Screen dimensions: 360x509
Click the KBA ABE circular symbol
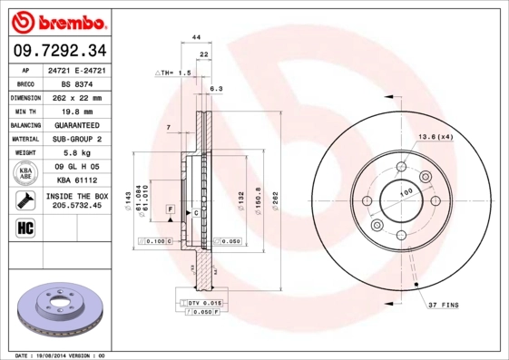[x=26, y=172]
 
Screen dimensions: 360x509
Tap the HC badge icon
[x=25, y=226]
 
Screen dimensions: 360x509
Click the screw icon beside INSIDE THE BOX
[x=25, y=199]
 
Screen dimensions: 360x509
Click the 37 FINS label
[x=445, y=306]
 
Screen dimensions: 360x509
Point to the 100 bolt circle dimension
[x=406, y=193]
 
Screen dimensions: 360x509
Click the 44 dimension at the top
[x=195, y=36]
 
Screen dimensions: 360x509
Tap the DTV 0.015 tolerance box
[x=205, y=301]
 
